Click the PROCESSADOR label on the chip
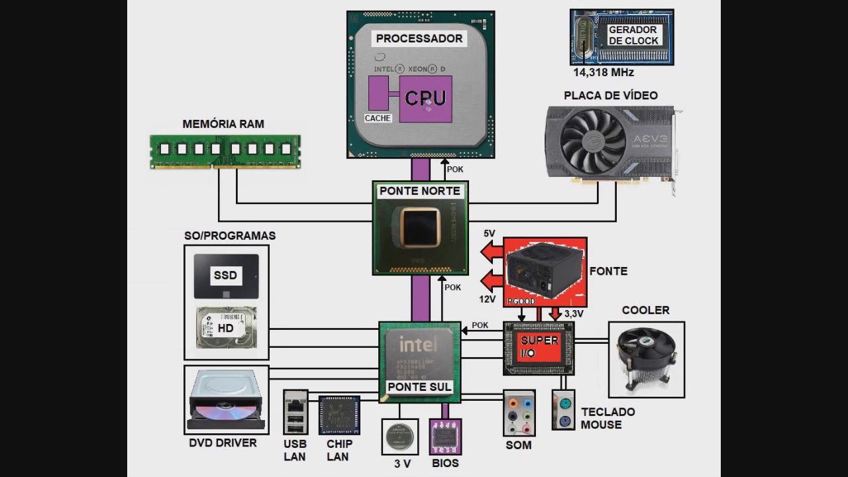pos(419,38)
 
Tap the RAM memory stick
pos(225,151)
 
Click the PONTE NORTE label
pos(419,191)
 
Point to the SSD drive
pos(226,276)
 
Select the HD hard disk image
pos(226,328)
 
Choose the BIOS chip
pos(445,437)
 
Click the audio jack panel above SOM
pos(519,412)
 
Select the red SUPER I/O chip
pos(539,347)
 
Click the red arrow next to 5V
pos(492,252)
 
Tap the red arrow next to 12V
pos(492,281)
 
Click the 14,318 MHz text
pos(603,73)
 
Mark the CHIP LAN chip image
pos(339,415)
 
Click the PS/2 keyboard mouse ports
pos(563,410)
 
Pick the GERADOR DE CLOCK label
pos(633,35)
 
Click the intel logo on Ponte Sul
pos(418,344)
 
